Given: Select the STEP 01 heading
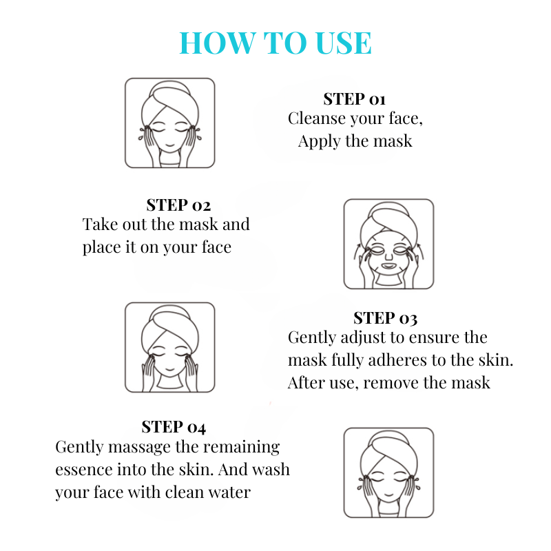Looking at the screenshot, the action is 354,99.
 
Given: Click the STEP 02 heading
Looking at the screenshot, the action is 178,205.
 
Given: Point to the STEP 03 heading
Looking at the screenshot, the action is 385,318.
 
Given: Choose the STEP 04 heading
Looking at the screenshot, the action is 174,427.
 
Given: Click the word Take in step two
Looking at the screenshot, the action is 100,225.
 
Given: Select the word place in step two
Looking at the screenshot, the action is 102,247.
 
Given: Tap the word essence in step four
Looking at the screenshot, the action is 83,470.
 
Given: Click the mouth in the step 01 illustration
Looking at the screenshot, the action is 170,145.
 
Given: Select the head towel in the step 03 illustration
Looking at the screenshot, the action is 169,326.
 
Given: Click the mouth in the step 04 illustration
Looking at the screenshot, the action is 388,495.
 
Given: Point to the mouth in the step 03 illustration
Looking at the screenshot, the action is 170,369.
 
